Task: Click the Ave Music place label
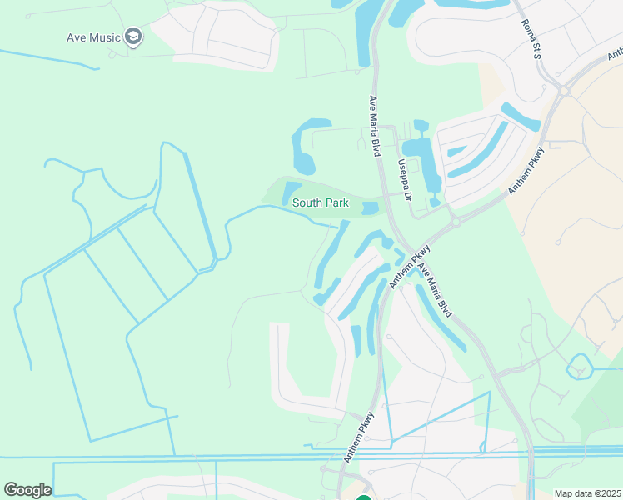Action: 93,37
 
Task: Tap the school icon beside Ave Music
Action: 133,37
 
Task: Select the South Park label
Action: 320,203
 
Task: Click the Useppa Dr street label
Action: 405,180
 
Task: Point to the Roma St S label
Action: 532,40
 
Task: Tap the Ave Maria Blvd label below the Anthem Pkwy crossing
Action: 436,290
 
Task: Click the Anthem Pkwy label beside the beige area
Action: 526,171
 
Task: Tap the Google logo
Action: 27,490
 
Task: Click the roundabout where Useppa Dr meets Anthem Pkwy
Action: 456,222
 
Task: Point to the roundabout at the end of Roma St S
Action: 564,91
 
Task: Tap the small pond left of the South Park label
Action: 292,192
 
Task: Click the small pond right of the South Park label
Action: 370,207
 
